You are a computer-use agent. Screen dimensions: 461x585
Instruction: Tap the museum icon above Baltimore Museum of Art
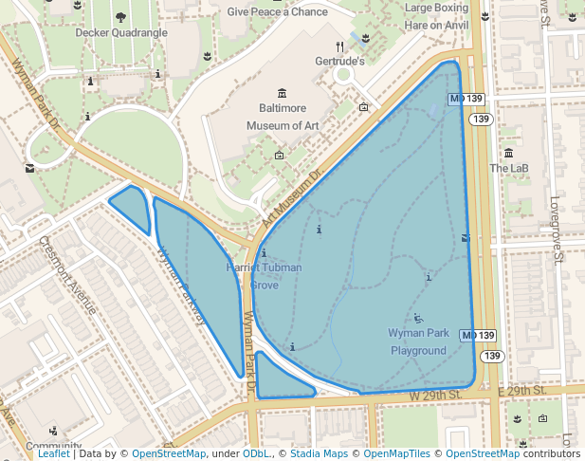coord(282,92)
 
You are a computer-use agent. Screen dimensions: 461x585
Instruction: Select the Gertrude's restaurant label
coord(339,61)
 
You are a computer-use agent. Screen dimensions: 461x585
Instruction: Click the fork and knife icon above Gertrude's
coord(339,46)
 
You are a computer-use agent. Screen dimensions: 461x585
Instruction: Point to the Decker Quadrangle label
coord(120,32)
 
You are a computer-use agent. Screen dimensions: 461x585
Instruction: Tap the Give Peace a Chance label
coord(277,12)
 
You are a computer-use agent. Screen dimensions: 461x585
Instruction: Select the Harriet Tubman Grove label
coord(265,275)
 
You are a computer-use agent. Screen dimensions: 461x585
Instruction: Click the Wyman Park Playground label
coord(418,341)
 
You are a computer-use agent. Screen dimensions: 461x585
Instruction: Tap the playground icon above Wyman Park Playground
coord(418,318)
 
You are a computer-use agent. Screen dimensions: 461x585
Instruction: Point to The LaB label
coord(508,168)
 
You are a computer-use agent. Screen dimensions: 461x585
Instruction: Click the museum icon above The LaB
coord(509,153)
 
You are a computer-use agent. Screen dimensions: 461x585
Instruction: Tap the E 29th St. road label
coord(522,391)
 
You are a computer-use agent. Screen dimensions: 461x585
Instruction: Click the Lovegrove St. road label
coord(557,229)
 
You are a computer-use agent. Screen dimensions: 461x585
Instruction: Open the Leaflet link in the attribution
coord(53,453)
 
